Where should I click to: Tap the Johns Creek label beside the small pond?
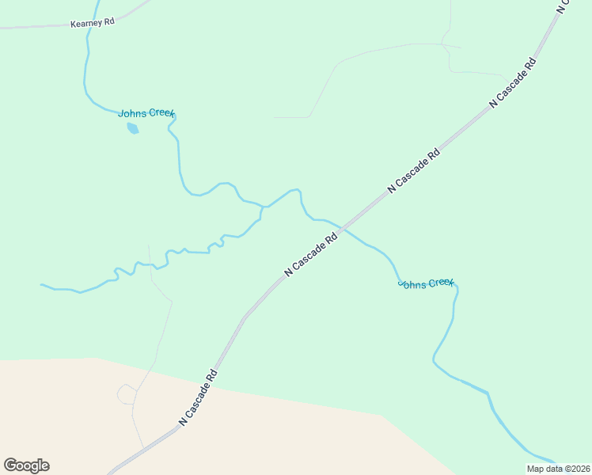(146, 113)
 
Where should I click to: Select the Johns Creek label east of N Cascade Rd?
(426, 283)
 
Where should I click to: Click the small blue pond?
(133, 127)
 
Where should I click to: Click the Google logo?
(26, 465)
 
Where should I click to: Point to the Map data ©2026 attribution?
(559, 469)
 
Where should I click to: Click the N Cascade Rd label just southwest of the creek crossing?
(311, 253)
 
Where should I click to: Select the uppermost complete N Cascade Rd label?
(514, 82)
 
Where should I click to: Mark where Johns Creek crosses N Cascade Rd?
(343, 228)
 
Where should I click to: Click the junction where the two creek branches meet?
(263, 207)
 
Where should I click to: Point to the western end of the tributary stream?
(42, 284)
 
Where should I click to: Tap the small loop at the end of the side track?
(126, 393)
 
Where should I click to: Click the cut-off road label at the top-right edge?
(564, 6)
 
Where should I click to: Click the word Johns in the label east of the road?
(411, 282)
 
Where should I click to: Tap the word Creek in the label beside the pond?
(160, 113)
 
